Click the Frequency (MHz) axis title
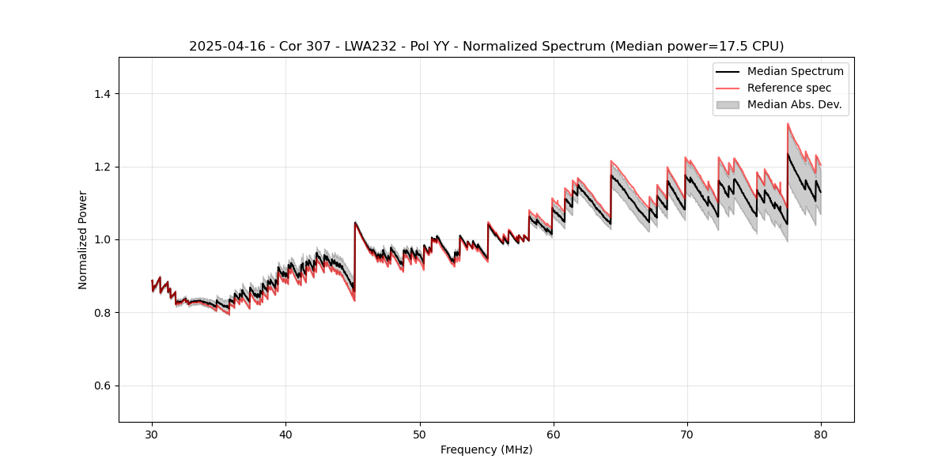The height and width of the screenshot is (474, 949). (x=486, y=450)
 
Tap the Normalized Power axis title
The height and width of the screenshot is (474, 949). (x=83, y=239)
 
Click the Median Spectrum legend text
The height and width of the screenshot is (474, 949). (x=795, y=71)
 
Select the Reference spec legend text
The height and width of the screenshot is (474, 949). (x=789, y=88)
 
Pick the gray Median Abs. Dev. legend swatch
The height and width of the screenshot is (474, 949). (x=728, y=104)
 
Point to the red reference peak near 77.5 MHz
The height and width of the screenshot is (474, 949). (x=788, y=124)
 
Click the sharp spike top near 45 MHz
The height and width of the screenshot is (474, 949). (x=355, y=223)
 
